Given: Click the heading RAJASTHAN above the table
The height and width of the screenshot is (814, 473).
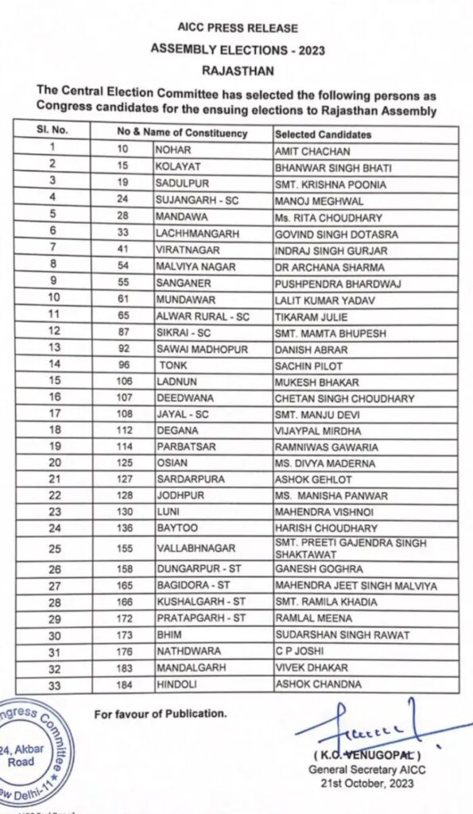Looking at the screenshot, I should tap(237, 69).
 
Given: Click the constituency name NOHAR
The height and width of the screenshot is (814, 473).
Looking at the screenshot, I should tap(174, 150).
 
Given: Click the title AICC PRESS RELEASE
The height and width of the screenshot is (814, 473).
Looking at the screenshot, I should tap(237, 28).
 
